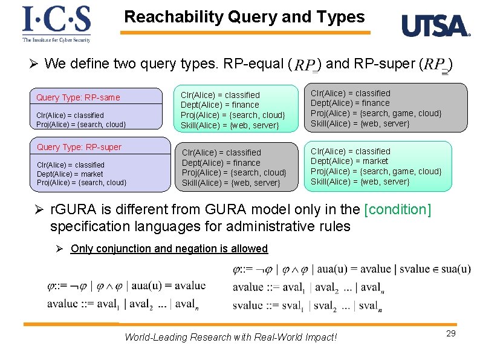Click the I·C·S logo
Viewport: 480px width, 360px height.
(56, 19)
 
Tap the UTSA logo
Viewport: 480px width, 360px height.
(435, 26)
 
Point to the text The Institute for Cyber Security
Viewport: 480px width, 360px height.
(56, 40)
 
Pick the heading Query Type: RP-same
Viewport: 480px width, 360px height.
(78, 97)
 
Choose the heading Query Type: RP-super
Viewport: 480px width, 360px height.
(79, 147)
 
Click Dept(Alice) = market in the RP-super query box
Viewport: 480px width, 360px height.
(70, 174)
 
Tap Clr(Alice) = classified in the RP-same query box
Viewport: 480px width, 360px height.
(70, 115)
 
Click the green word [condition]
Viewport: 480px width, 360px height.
(398, 210)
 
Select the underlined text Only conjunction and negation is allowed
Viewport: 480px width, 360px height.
(169, 249)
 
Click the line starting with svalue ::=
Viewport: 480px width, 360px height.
(307, 305)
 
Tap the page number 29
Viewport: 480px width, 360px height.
(450, 333)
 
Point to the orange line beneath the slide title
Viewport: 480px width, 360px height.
(245, 32)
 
